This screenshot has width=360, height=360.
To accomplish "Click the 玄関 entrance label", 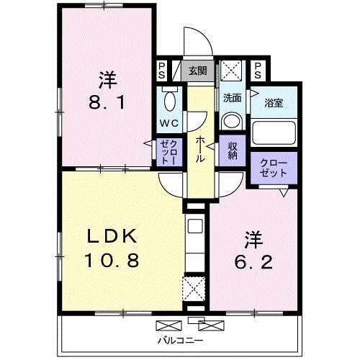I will tap(197, 71).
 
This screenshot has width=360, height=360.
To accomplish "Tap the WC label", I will tap(170, 123).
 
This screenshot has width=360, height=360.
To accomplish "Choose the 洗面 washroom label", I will tap(231, 98).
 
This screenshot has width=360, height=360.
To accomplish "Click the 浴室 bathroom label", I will tap(273, 102).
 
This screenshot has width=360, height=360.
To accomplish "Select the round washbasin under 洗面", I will tap(231, 120).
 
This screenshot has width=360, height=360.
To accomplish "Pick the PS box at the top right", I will tap(257, 70).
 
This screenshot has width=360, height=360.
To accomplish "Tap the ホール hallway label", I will tap(199, 147).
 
